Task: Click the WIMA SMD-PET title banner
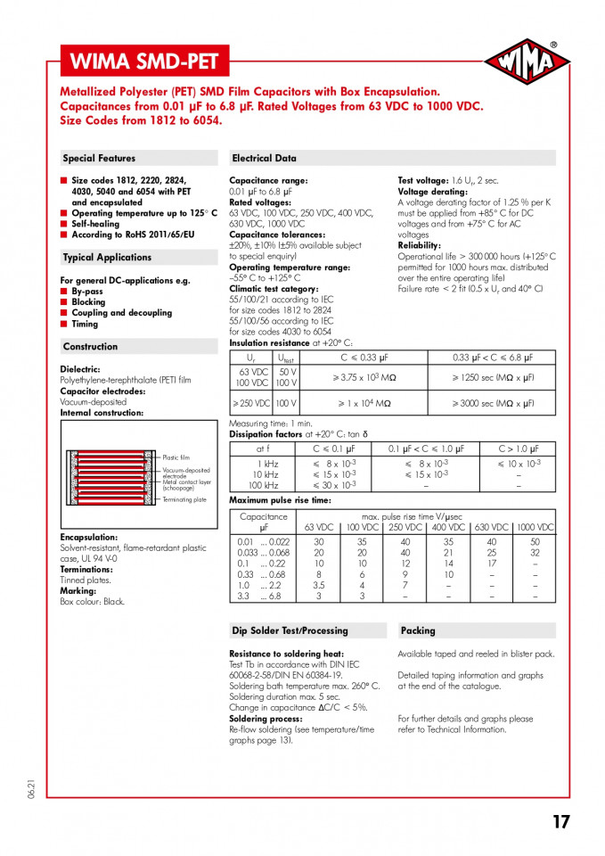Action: click(x=143, y=62)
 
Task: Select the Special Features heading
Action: click(x=99, y=159)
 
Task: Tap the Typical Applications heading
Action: click(x=107, y=258)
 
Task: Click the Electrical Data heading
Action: click(x=264, y=159)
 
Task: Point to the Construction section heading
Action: click(x=90, y=347)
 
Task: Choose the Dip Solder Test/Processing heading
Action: click(x=290, y=631)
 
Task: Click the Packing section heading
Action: click(x=418, y=631)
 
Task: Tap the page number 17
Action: click(x=560, y=822)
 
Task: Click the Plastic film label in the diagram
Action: click(x=176, y=457)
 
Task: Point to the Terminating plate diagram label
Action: click(x=184, y=500)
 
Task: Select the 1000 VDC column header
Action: click(x=535, y=528)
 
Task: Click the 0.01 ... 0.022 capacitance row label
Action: click(x=263, y=541)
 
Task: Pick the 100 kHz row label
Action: click(x=264, y=486)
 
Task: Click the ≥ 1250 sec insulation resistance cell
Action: click(x=492, y=377)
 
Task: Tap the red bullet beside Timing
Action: click(x=64, y=325)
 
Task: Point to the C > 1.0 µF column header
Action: click(x=519, y=449)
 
